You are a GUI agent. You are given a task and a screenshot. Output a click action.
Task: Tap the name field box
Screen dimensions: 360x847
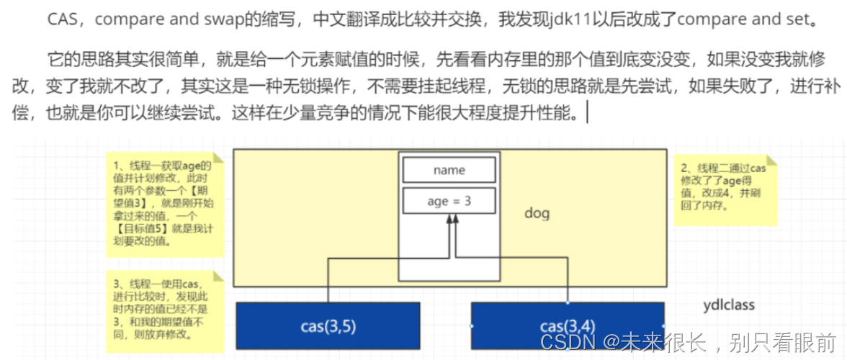tap(449, 170)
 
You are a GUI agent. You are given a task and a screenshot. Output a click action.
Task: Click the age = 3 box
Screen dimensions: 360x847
tap(449, 201)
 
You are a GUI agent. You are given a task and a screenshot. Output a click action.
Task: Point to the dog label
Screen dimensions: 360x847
tap(537, 213)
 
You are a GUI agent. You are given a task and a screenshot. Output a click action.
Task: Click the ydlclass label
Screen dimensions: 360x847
tap(729, 305)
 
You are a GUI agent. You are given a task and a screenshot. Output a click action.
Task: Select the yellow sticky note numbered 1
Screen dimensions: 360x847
tap(164, 204)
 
